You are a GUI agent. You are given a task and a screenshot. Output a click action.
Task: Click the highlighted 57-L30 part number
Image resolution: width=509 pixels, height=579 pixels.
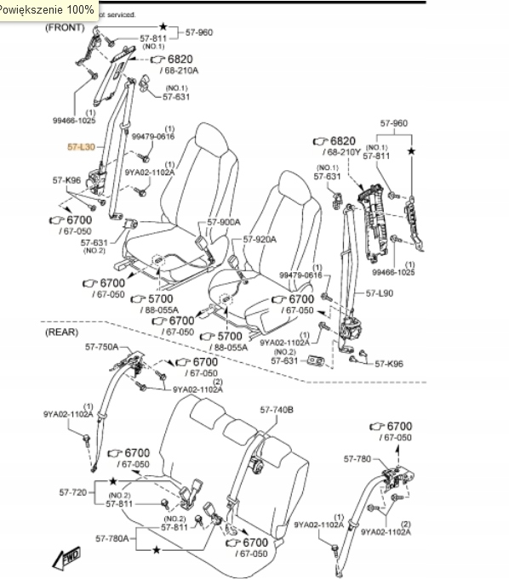pyautogui.click(x=81, y=147)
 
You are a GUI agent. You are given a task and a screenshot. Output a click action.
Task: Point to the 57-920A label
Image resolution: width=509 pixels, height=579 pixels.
pyautogui.click(x=260, y=239)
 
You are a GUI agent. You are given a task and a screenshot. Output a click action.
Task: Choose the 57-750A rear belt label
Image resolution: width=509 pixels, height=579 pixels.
pyautogui.click(x=100, y=347)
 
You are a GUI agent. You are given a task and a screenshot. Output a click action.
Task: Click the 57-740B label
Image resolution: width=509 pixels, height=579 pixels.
pyautogui.click(x=276, y=409)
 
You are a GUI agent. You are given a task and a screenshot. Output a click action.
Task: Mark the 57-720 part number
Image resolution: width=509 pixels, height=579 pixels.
pyautogui.click(x=74, y=492)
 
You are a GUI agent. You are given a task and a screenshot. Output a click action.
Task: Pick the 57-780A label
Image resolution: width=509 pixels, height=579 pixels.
pyautogui.click(x=112, y=537)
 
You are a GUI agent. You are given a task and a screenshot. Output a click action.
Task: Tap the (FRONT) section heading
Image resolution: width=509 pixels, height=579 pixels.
pyautogui.click(x=65, y=27)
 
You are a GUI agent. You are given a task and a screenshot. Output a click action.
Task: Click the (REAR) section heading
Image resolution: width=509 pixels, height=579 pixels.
pyautogui.click(x=62, y=332)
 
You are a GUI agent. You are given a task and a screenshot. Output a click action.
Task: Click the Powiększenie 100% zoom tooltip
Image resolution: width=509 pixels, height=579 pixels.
pyautogui.click(x=47, y=9)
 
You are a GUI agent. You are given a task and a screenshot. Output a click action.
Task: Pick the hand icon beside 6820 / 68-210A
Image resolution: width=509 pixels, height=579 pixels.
pyautogui.click(x=157, y=60)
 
